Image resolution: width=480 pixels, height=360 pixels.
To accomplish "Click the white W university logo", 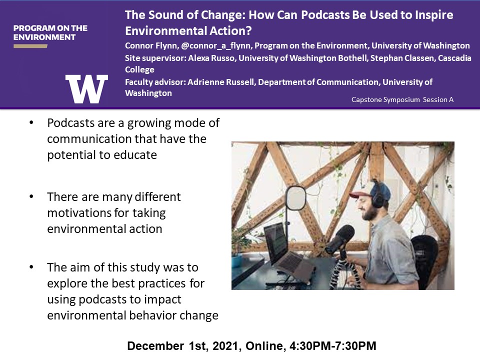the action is coord(86,89).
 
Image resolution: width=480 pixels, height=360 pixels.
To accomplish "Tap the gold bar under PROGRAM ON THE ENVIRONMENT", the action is coord(30,46).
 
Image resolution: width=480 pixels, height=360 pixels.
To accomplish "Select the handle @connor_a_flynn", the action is coord(216,46).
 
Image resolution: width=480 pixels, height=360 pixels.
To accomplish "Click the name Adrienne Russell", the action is coord(220,82).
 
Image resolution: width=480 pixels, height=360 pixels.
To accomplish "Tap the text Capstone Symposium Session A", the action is coord(402,100).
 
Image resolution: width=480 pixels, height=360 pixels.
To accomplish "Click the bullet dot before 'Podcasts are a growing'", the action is coord(31,123).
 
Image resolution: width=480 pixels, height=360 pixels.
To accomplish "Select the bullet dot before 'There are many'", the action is coord(31,196).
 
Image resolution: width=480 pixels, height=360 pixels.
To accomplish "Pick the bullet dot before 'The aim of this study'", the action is coord(31,267).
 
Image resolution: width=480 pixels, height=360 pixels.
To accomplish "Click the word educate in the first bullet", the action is coord(135,155).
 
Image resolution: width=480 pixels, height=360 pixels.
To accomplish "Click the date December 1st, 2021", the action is coord(182,346).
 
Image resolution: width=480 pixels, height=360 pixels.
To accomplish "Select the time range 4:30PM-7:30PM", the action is coord(333,346).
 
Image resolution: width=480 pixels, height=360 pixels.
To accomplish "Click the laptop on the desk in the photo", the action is coord(287,251).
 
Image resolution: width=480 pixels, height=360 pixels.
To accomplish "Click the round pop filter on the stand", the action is coord(295,198).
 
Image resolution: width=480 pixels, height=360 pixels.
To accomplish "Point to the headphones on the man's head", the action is coord(379,193).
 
